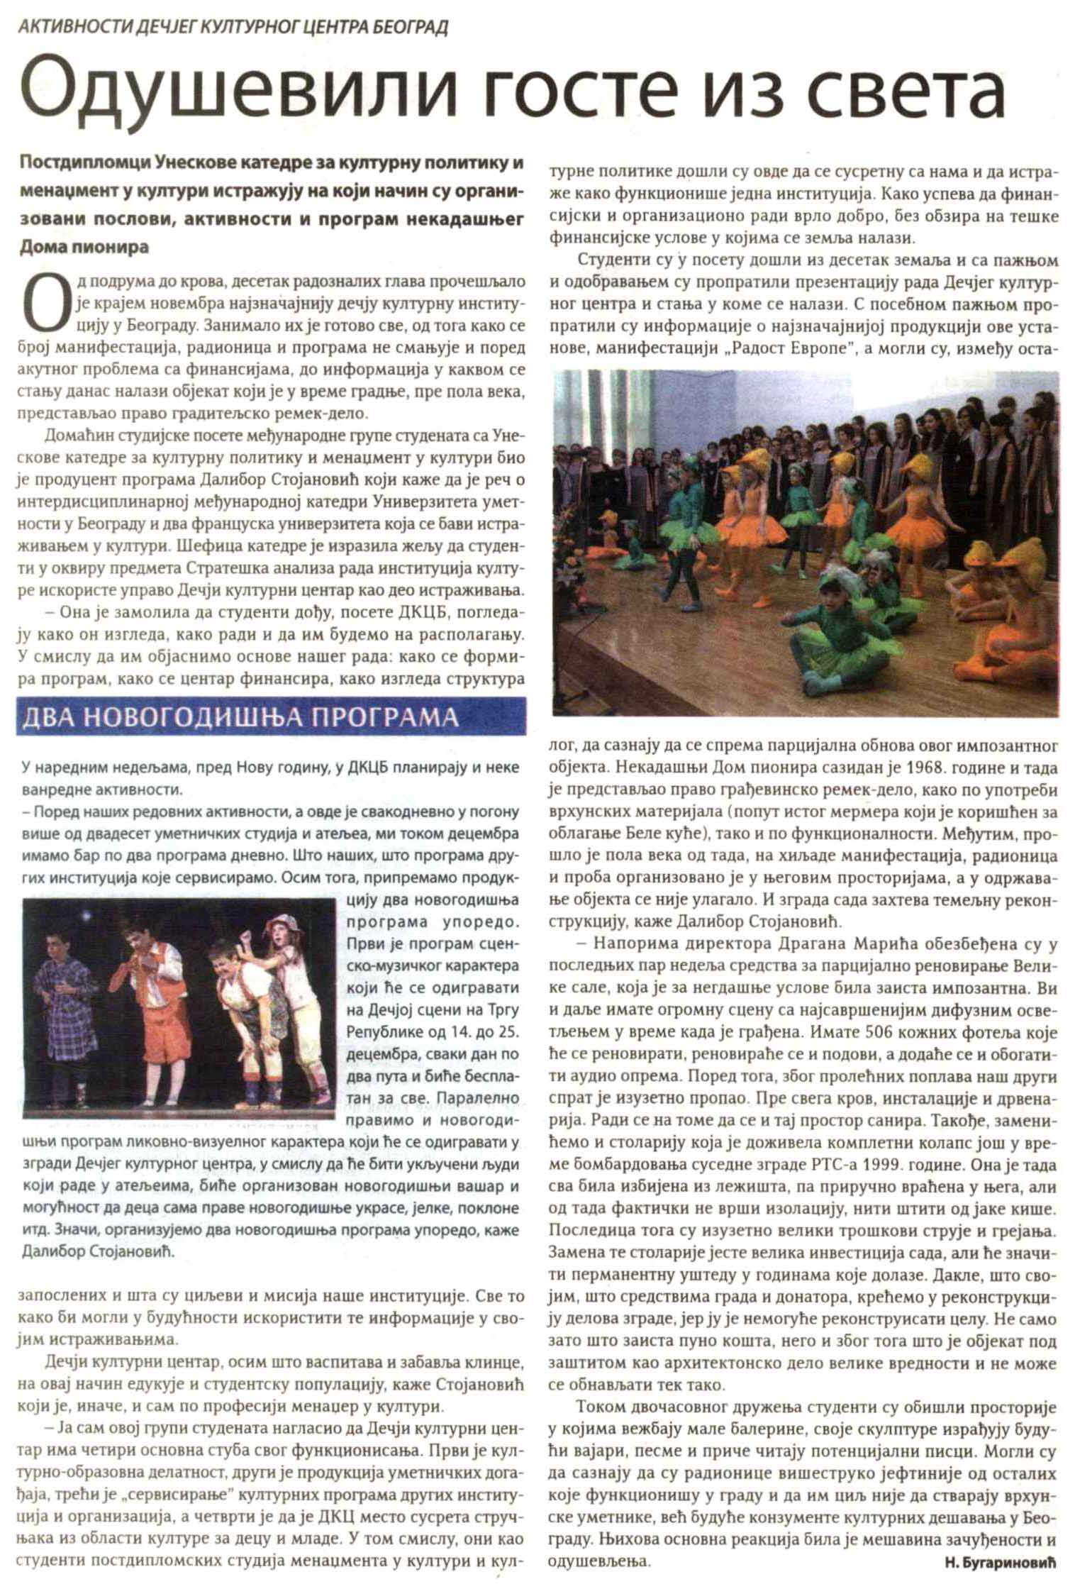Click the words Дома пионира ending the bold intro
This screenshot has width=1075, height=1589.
84,248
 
